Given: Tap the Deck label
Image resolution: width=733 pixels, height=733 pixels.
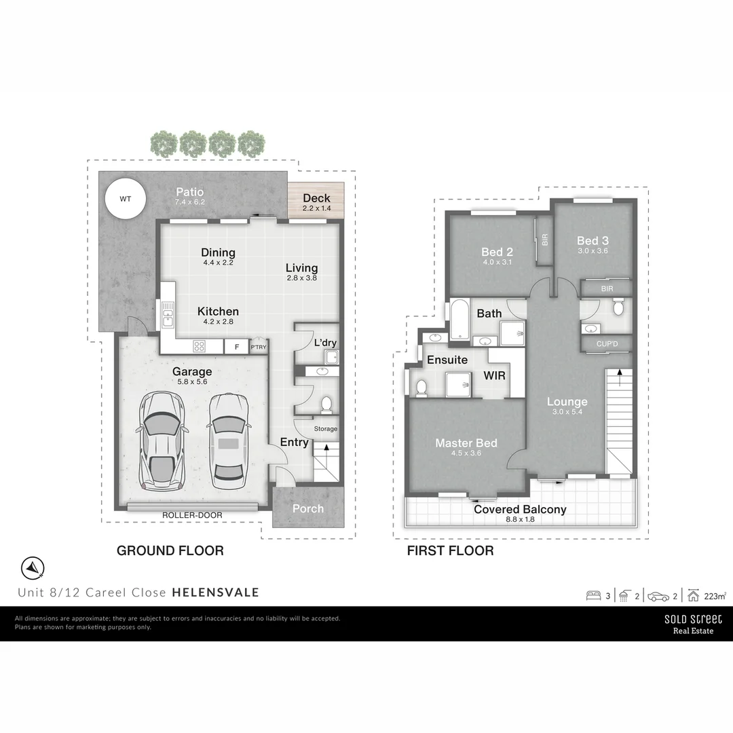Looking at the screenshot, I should (316, 198).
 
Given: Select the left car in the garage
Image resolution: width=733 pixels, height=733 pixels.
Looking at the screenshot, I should (162, 440).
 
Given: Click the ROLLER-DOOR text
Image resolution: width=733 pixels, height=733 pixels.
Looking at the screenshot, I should (192, 515).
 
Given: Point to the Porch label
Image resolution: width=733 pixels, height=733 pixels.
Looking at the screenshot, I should (308, 508).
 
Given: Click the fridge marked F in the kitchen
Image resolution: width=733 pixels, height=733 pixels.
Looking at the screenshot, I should (236, 346).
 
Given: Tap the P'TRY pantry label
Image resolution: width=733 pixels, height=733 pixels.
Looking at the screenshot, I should (259, 347).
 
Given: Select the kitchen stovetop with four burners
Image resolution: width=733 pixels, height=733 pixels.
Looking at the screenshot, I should (200, 346).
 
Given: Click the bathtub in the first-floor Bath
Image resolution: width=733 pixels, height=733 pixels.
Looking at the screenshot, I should (458, 319).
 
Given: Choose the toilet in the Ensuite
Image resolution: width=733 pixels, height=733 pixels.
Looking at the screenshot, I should (421, 388).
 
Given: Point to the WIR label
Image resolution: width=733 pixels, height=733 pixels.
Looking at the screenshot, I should (494, 375).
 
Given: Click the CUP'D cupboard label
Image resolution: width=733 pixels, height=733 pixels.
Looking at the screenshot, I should (607, 343).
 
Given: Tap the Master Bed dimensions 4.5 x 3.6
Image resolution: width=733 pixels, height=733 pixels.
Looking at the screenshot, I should (466, 453).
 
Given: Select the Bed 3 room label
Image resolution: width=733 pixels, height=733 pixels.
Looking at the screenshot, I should (593, 240).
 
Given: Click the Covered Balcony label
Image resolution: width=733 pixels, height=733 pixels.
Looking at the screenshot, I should (520, 509).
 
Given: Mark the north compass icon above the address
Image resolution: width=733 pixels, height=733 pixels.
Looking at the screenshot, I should (33, 567).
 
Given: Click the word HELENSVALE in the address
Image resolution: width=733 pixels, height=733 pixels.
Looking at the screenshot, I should (215, 592).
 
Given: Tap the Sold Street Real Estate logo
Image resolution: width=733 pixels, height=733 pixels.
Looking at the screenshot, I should (693, 624).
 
